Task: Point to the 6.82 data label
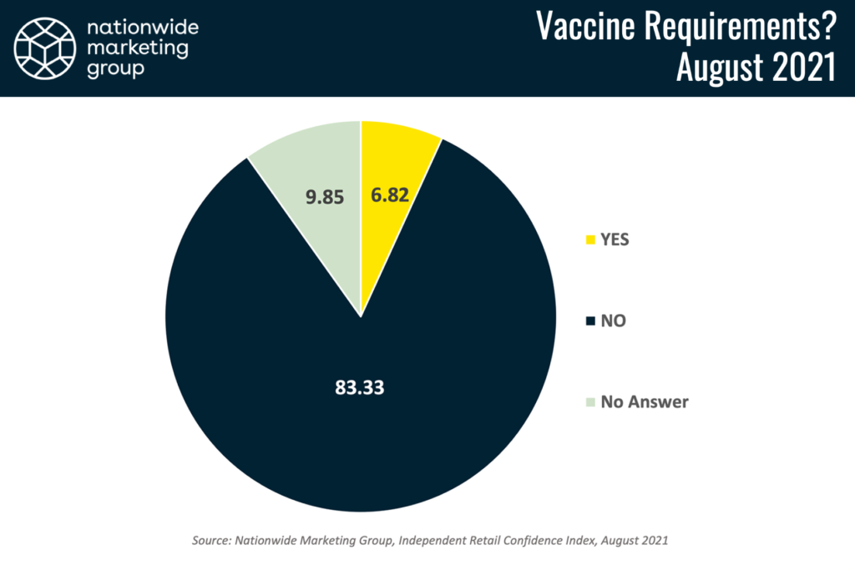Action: [390, 195]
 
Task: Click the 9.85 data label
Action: [325, 197]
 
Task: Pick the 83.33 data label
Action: [359, 387]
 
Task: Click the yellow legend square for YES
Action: [590, 240]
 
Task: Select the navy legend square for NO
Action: [590, 321]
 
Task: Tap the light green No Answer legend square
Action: [590, 402]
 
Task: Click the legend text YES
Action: [615, 240]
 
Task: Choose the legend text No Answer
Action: [645, 402]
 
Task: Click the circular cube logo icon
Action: [45, 48]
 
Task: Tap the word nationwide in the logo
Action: [143, 28]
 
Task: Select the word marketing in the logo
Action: [138, 48]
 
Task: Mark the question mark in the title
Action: [828, 26]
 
